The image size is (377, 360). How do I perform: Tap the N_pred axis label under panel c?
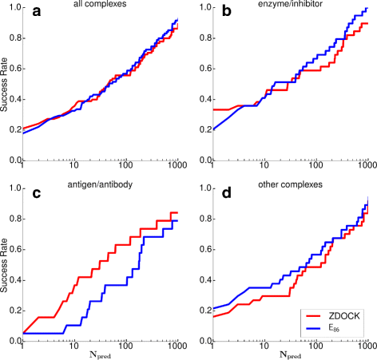[x=101, y=354]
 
